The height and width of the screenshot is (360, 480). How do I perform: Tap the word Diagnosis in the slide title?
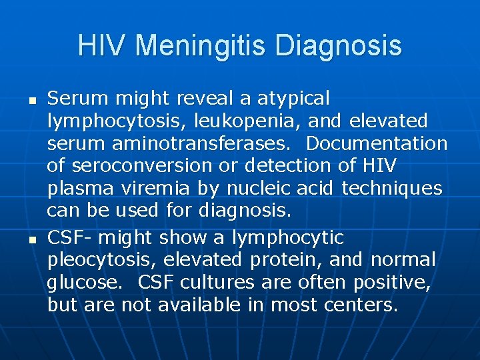(x=339, y=46)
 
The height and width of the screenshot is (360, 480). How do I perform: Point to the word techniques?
(x=391, y=189)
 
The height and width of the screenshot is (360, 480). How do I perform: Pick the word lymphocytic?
(x=287, y=237)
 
